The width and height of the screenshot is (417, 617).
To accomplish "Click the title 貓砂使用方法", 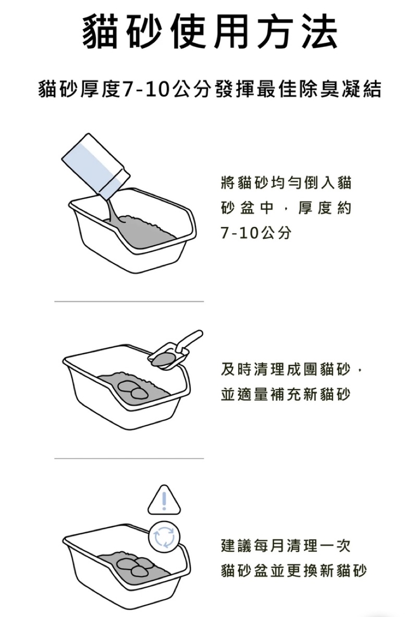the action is coord(210,32).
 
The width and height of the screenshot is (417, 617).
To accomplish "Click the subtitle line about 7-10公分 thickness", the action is coord(210,89).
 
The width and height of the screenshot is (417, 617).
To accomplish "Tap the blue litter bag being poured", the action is coord(96,166).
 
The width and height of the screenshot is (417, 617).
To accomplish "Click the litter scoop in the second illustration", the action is coord(176,350).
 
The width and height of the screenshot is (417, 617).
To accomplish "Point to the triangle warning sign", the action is coord(164,501).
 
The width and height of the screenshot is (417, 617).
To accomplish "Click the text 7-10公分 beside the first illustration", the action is coord(256,233).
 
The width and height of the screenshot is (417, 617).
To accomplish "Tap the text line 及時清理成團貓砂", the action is coord(286,369).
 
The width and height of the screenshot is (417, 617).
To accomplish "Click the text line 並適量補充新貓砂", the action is coord(286,394).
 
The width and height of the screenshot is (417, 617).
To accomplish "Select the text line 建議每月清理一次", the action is coord(286,546).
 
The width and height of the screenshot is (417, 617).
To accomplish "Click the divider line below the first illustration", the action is coord(129,301).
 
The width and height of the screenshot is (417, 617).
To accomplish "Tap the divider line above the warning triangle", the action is coord(129,458).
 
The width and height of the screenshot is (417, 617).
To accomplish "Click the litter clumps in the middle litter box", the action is coord(132,389).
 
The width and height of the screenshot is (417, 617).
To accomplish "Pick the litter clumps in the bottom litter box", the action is coord(135,566).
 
